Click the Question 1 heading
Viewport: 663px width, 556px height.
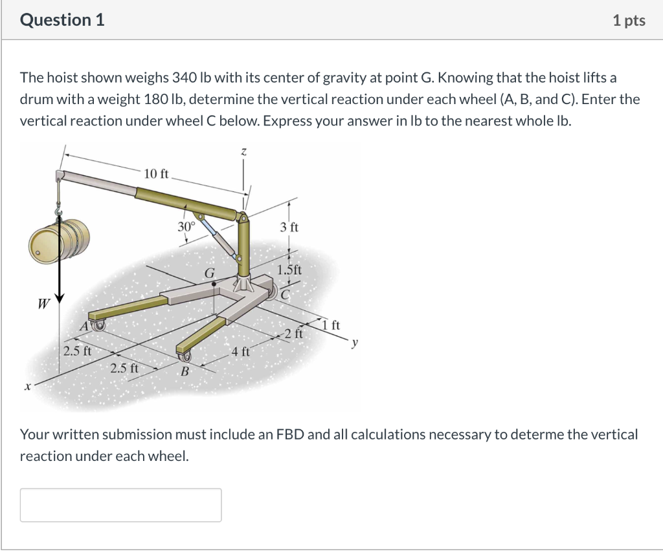click(62, 20)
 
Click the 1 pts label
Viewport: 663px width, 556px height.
click(629, 21)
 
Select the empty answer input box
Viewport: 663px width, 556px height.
click(120, 505)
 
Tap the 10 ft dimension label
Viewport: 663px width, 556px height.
click(156, 173)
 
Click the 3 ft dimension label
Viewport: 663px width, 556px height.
click(289, 228)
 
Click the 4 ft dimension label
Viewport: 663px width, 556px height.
click(240, 352)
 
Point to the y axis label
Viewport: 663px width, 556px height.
click(354, 343)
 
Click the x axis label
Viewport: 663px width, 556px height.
click(27, 387)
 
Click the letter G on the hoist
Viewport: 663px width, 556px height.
click(209, 273)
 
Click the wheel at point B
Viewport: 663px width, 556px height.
click(187, 356)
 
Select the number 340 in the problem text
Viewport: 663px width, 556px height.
click(183, 78)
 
